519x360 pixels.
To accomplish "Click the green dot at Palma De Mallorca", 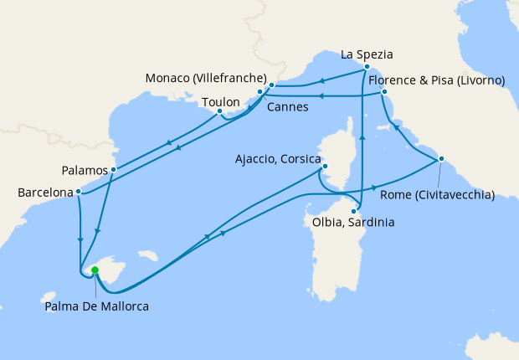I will pyautogui.click(x=95, y=270).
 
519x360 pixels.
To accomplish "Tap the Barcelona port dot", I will pyautogui.click(x=78, y=192).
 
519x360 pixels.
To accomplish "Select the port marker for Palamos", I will pyautogui.click(x=113, y=169).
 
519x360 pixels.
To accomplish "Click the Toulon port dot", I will pyautogui.click(x=219, y=111).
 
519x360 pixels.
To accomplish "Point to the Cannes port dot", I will pyautogui.click(x=260, y=92).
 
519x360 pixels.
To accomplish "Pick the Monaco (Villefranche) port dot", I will pyautogui.click(x=272, y=85).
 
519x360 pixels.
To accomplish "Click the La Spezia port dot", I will pyautogui.click(x=367, y=65).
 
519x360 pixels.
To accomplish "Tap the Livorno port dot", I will pyautogui.click(x=384, y=91).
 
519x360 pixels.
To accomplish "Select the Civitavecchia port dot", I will pyautogui.click(x=441, y=159).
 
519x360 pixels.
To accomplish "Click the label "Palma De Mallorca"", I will pyautogui.click(x=97, y=306).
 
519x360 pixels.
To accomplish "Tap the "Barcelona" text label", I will pyautogui.click(x=45, y=193).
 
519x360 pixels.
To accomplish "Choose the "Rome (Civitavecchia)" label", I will pyautogui.click(x=438, y=196).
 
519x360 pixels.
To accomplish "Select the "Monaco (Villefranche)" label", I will pyautogui.click(x=206, y=77).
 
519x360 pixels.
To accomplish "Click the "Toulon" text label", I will pyautogui.click(x=221, y=102).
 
